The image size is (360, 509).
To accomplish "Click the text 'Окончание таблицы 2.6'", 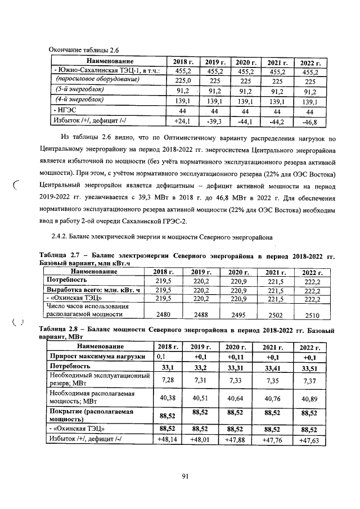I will (85, 50).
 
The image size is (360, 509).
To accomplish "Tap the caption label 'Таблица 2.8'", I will (62, 328).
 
